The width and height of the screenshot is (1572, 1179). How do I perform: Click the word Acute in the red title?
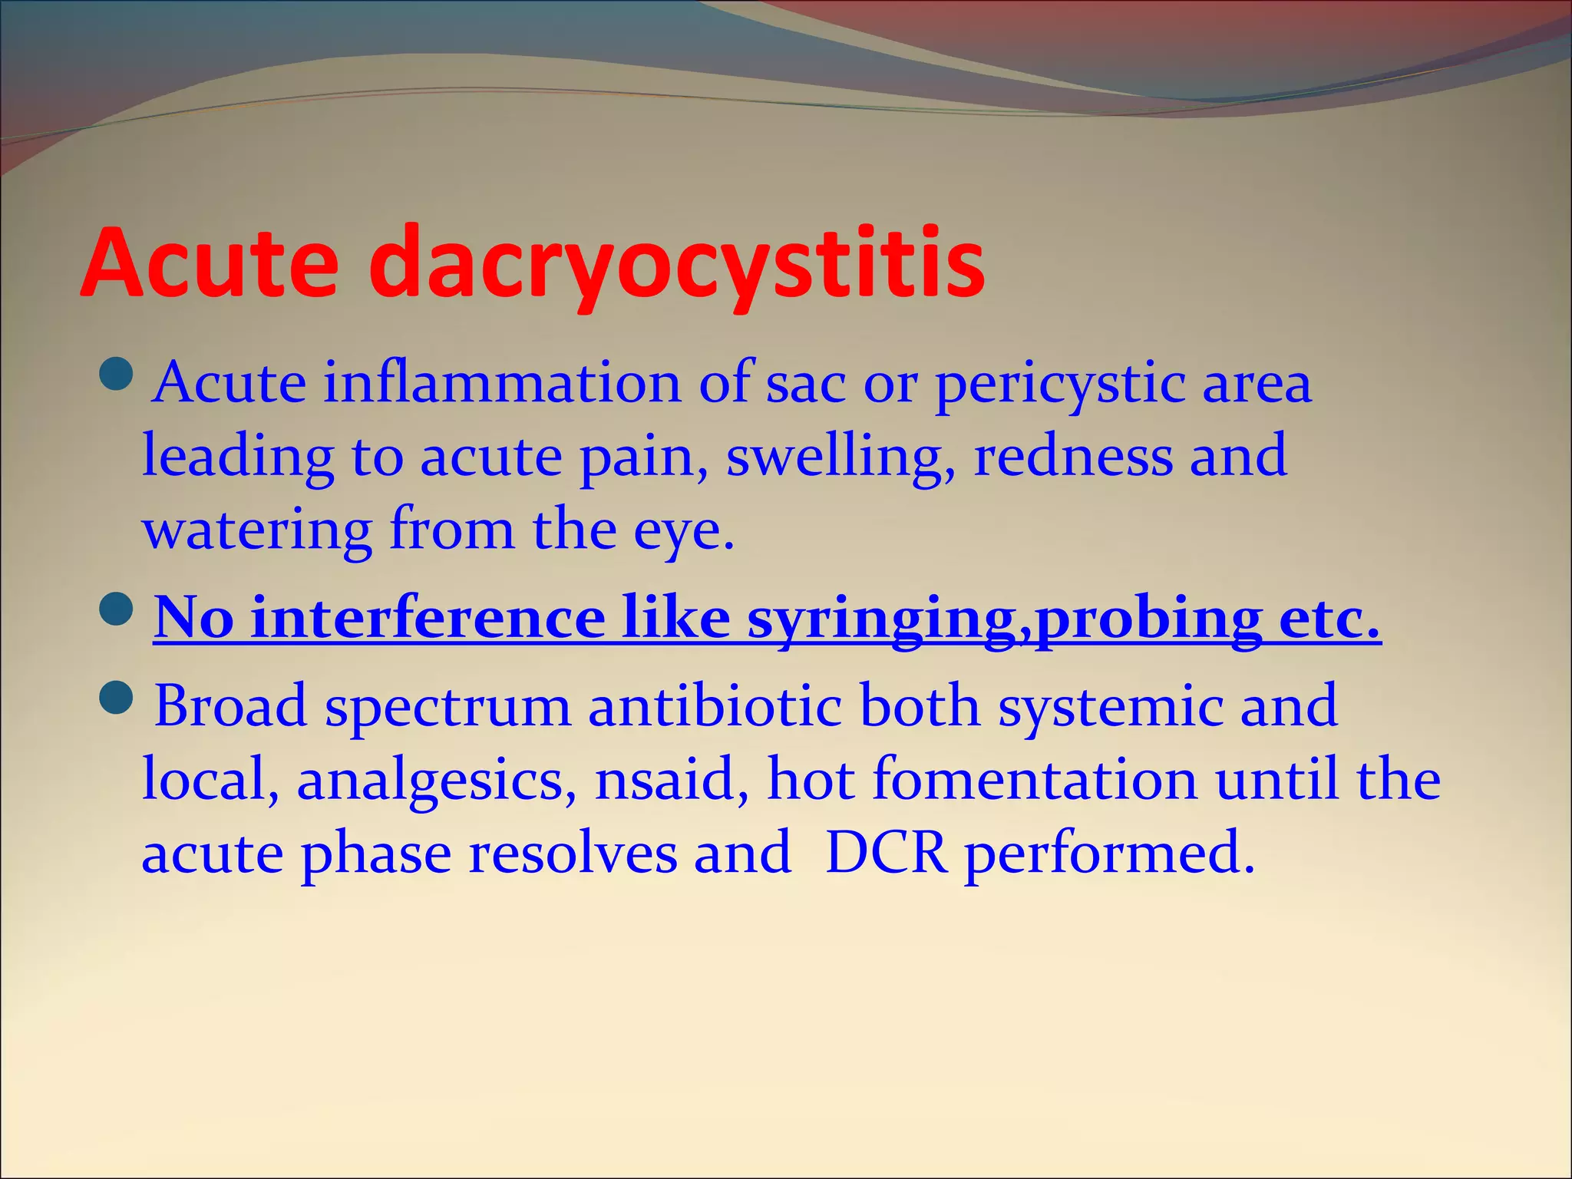tap(210, 263)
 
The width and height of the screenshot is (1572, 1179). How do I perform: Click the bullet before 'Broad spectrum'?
tap(117, 695)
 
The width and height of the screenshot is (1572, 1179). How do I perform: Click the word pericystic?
tap(1059, 384)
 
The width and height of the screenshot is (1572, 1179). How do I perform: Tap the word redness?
tap(1072, 456)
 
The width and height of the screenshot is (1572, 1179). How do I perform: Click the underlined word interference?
tap(428, 618)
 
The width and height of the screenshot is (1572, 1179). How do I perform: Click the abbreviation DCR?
tap(886, 853)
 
